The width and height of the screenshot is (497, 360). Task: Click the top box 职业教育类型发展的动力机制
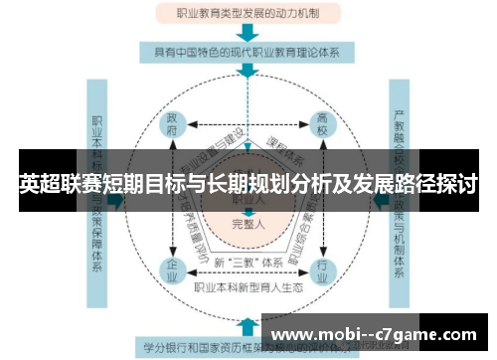(x=248, y=14)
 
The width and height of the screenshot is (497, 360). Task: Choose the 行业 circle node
(x=321, y=268)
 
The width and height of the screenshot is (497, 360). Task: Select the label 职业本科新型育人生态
(x=248, y=288)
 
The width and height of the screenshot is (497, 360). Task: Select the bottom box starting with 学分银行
(x=199, y=347)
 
